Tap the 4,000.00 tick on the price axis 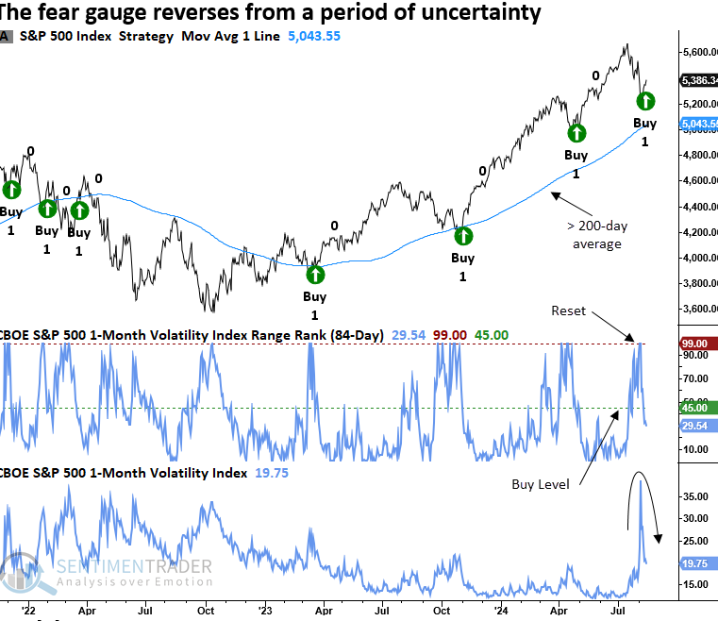point(697,258)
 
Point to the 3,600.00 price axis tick point(697,309)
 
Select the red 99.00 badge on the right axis point(697,346)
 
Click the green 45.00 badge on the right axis point(697,408)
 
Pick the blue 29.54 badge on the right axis point(697,426)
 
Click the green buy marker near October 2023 point(463,235)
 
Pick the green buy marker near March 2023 point(315,275)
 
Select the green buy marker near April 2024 point(576,133)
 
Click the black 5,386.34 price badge point(699,80)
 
